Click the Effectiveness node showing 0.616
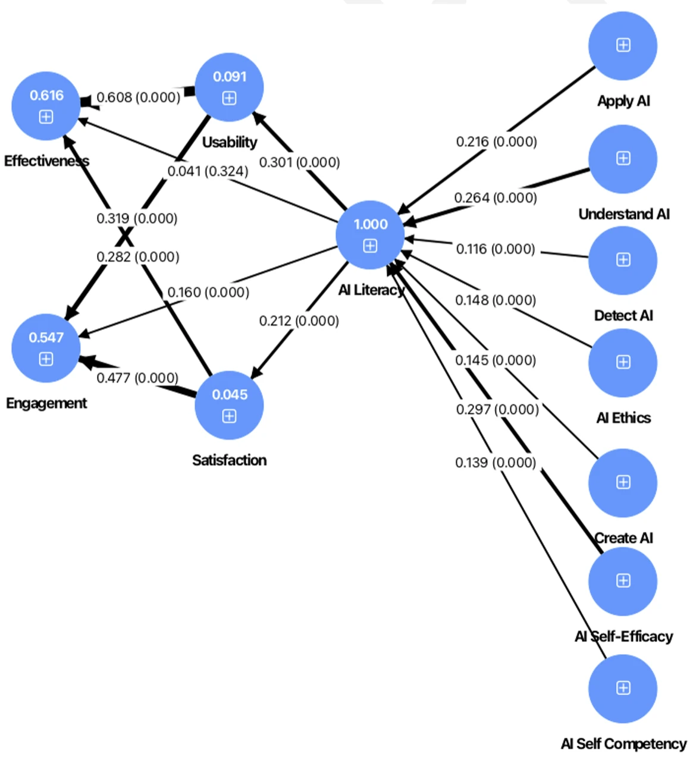[46, 106]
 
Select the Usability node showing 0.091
[230, 87]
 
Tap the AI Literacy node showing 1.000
[370, 235]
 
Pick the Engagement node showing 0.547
[46, 348]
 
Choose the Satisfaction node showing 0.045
[230, 406]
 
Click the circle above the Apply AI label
[623, 46]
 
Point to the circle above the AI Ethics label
[623, 362]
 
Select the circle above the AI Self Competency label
[623, 688]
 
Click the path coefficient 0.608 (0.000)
[138, 98]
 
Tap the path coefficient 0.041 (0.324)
[208, 171]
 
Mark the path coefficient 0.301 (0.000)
[299, 162]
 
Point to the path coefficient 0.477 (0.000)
[137, 378]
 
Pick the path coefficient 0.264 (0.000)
[496, 197]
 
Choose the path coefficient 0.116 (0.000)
[496, 249]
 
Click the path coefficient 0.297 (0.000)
[497, 409]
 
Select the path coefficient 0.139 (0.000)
[496, 462]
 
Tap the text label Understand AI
[624, 214]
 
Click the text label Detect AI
[623, 316]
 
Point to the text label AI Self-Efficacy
[623, 637]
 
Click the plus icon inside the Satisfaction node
[230, 416]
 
